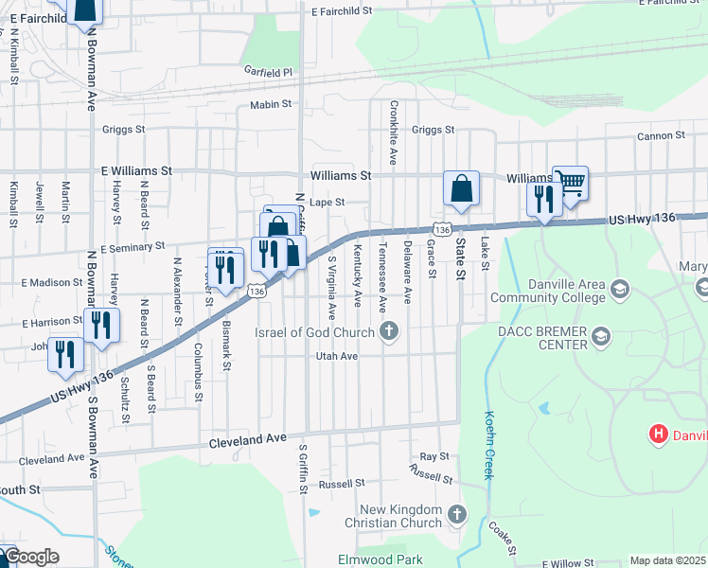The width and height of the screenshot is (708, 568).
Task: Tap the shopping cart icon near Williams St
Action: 570,183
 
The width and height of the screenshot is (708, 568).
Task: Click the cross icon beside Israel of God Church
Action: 388,331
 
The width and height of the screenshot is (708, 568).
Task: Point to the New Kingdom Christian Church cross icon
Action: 456,515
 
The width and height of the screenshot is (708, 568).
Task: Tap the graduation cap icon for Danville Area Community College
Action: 621,288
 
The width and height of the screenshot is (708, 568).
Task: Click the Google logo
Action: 30,557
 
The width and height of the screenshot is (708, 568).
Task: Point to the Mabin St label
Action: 270,105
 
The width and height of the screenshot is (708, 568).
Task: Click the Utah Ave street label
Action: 337,356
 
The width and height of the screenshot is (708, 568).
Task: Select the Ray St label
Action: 434,456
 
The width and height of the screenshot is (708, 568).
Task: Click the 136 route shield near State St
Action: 441,229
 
